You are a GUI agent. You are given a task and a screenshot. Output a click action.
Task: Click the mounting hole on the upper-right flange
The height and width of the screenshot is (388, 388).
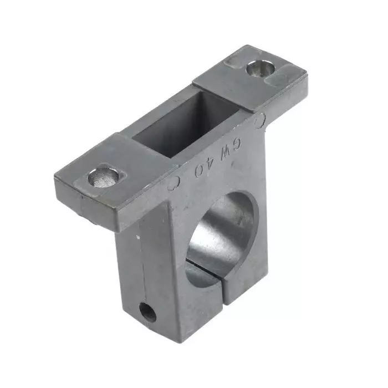click(259, 69)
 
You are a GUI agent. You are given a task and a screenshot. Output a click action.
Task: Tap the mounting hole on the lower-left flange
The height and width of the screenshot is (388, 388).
click(104, 178)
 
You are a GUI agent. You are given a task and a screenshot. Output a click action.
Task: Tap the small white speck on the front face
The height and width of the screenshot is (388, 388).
click(137, 237)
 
